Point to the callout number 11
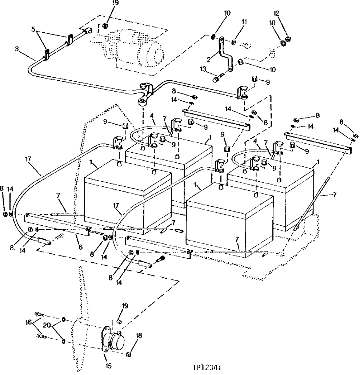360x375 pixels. pos(244,22)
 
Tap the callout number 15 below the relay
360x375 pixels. pos(108,365)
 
